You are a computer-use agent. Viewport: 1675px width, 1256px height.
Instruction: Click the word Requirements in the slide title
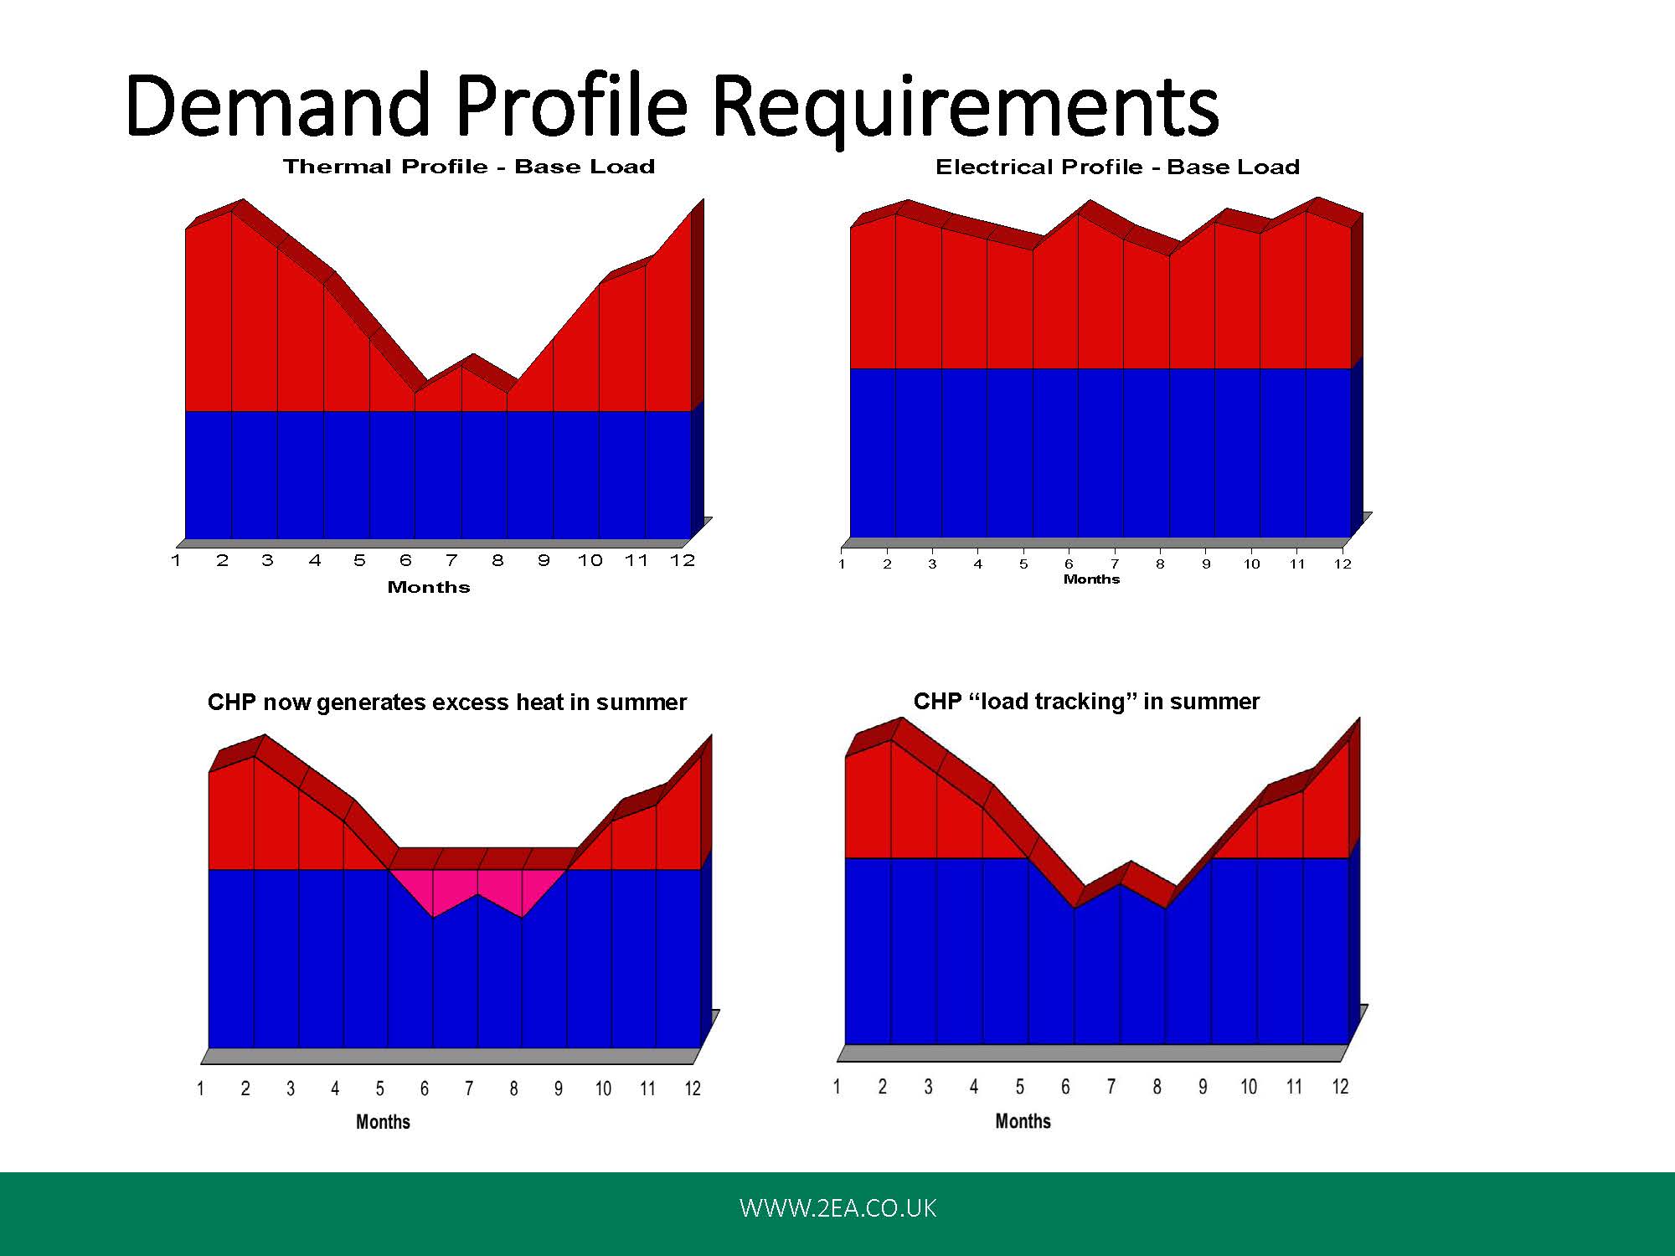[x=966, y=109]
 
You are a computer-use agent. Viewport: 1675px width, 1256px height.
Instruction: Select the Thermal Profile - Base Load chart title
[x=469, y=167]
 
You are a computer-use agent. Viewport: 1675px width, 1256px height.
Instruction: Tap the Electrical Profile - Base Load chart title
[x=1117, y=167]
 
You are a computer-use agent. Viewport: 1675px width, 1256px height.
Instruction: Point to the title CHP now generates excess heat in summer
[x=447, y=703]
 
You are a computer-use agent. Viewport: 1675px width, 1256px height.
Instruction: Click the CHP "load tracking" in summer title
[x=1086, y=702]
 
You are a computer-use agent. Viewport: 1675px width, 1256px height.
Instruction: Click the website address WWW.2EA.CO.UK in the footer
[x=837, y=1208]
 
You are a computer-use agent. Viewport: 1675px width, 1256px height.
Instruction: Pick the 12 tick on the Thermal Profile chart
[x=683, y=560]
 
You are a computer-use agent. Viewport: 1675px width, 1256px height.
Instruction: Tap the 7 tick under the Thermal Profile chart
[x=452, y=560]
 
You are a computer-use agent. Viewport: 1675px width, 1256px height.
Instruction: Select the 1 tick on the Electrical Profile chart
[x=842, y=564]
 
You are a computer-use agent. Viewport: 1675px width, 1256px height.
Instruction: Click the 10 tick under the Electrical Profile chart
[x=1251, y=564]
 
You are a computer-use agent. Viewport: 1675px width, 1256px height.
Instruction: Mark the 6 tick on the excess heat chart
[x=425, y=1089]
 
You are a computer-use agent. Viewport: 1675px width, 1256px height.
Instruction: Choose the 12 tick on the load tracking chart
[x=1340, y=1087]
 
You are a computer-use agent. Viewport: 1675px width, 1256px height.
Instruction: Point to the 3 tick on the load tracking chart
[x=928, y=1087]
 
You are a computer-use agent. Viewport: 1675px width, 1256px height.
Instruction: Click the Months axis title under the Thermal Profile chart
[x=429, y=587]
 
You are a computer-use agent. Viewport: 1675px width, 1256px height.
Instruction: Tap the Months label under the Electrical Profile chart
[x=1091, y=579]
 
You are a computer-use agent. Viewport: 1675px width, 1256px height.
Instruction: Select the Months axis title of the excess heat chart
[x=383, y=1122]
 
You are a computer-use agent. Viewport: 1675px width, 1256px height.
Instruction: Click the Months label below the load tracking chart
[x=1023, y=1121]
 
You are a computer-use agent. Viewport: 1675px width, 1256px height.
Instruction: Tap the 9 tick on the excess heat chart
[x=559, y=1089]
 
